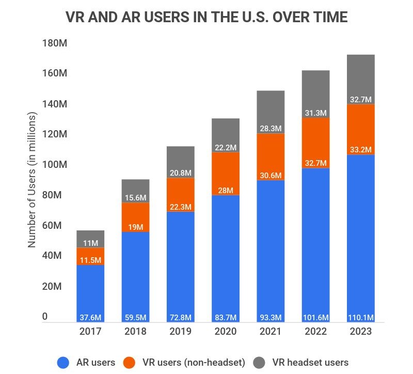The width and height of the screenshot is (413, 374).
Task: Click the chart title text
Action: click(206, 17)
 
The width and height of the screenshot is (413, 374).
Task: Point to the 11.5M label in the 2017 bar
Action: click(90, 260)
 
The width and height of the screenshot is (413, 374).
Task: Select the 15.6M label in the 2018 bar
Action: click(136, 197)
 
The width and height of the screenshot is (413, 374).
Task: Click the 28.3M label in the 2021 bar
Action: click(271, 128)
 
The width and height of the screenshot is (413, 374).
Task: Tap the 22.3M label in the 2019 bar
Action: click(181, 207)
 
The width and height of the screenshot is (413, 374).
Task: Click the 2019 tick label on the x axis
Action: click(181, 332)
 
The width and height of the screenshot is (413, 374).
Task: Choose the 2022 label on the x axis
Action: click(315, 332)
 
